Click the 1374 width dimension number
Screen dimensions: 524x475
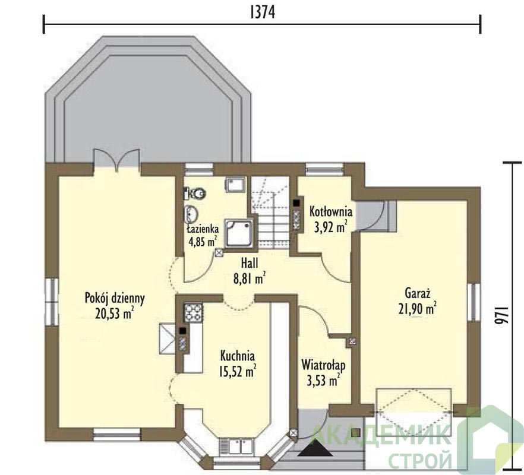click(263, 12)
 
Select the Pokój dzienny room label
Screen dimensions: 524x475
click(115, 299)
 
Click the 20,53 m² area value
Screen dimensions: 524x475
click(115, 313)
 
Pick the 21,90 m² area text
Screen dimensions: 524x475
click(418, 308)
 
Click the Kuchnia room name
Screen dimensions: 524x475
click(237, 356)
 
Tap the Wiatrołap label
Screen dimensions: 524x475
click(323, 365)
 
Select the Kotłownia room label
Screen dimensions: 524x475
click(331, 212)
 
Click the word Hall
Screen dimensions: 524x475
click(250, 263)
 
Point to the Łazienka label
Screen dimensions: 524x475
click(203, 229)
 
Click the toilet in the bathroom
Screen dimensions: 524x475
click(195, 193)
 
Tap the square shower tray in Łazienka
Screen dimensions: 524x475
click(239, 233)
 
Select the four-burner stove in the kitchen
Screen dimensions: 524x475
click(193, 312)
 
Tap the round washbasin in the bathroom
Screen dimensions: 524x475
click(191, 214)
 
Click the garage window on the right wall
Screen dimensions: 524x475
click(474, 302)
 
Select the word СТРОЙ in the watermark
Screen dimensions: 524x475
click(421, 460)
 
